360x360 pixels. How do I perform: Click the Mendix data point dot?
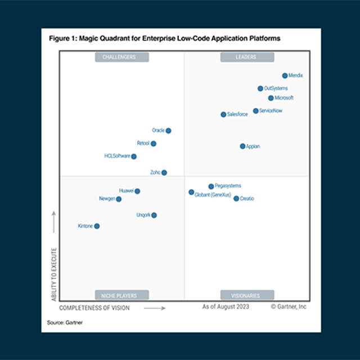click(285, 75)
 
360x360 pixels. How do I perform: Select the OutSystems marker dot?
click(260, 88)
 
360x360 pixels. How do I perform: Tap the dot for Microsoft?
click(271, 98)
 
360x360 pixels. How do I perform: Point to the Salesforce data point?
click(223, 114)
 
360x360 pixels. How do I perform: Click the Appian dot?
click(242, 146)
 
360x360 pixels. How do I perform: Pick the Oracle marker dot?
click(168, 130)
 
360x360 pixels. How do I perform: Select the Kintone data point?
click(97, 226)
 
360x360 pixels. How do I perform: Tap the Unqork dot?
click(154, 215)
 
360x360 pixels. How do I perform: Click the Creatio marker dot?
click(236, 199)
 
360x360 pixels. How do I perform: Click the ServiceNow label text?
click(271, 111)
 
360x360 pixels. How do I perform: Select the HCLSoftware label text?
click(117, 156)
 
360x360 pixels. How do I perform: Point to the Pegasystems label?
click(228, 186)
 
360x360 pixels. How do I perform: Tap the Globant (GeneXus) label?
click(213, 194)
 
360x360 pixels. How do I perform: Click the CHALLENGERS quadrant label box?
click(122, 57)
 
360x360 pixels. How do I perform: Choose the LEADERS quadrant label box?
click(247, 57)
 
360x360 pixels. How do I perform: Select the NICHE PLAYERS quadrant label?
click(122, 295)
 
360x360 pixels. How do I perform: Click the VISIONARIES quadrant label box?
click(247, 295)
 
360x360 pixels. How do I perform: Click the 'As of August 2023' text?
click(226, 307)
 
